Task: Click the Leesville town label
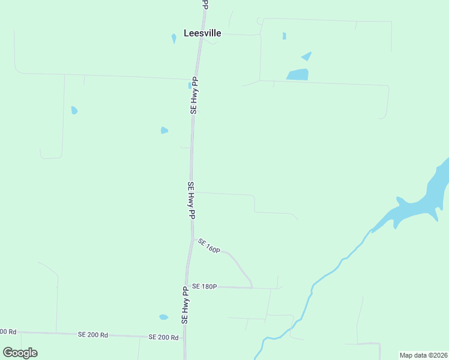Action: tap(202, 34)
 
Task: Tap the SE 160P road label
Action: tap(209, 245)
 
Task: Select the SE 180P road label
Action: tap(203, 287)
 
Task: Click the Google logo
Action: tap(20, 353)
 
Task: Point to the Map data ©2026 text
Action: tap(423, 355)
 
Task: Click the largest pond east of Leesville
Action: tap(298, 75)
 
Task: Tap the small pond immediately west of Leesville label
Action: tap(174, 38)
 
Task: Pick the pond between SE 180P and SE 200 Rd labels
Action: tap(163, 317)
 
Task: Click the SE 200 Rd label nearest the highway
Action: tap(164, 337)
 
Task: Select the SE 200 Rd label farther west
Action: tap(93, 334)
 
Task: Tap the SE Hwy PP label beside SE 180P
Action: tap(185, 305)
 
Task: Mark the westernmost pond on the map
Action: tap(74, 110)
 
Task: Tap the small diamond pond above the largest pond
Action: tap(307, 56)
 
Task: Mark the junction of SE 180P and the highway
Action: tap(188, 286)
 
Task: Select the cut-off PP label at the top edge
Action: tap(205, 4)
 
